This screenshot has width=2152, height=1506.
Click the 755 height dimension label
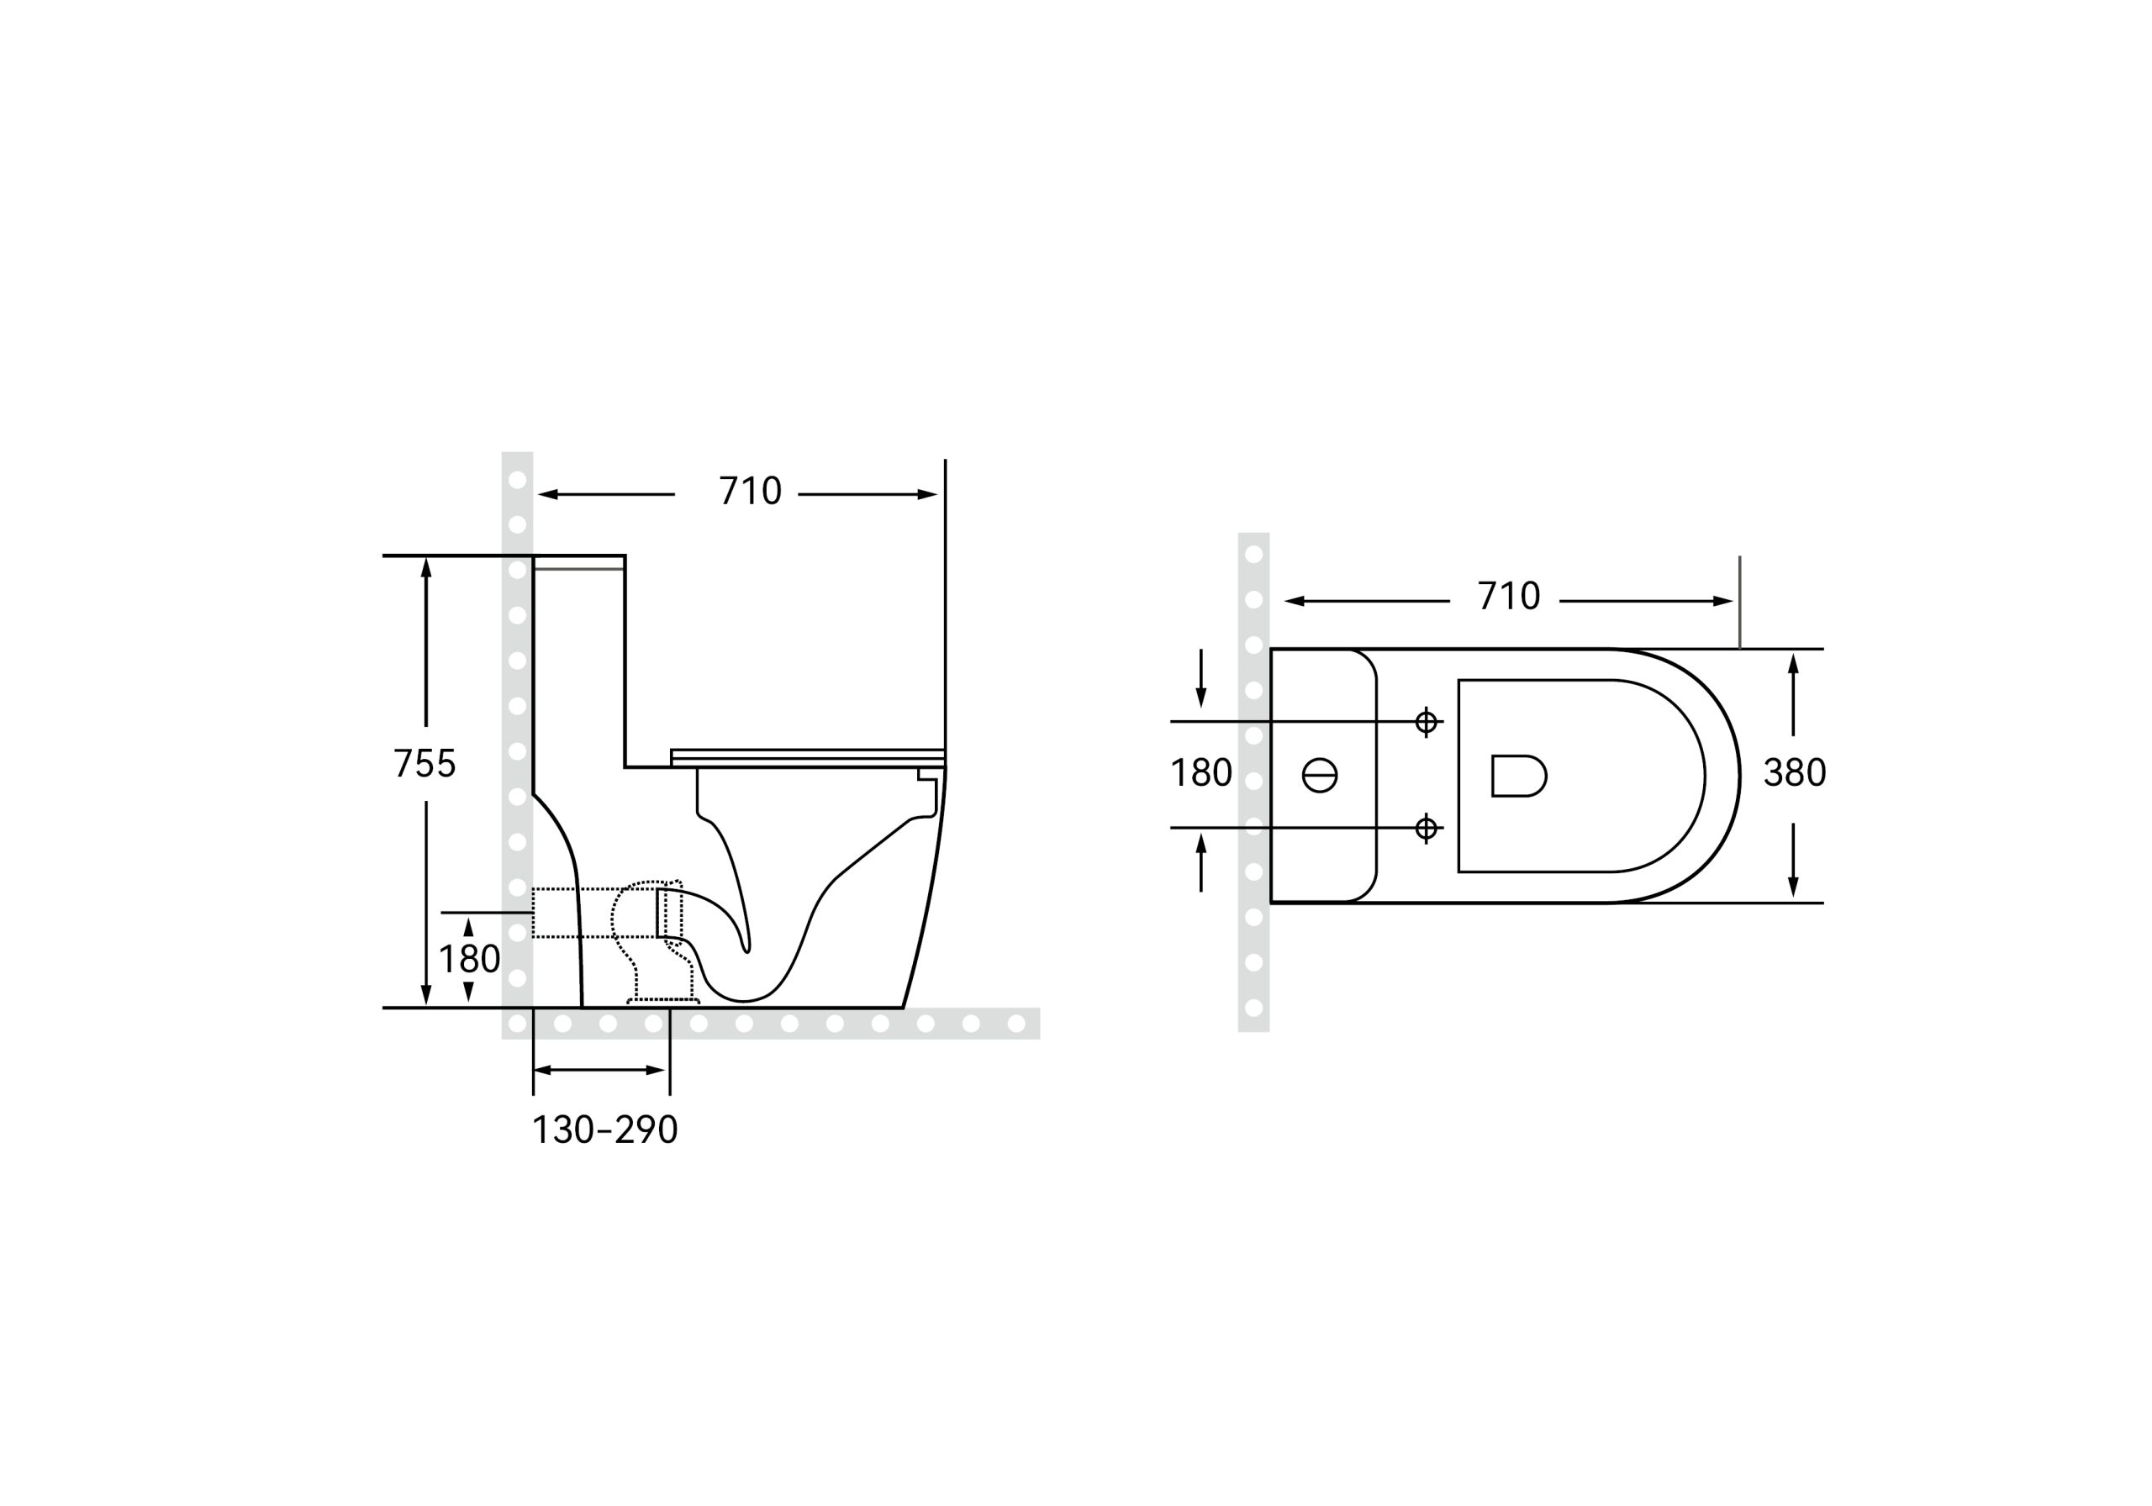tap(425, 764)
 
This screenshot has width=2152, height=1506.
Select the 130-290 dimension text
tap(604, 1130)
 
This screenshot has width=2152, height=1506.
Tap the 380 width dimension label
tap(1794, 773)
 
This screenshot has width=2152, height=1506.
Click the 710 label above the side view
tap(750, 491)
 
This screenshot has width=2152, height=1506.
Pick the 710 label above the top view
tap(1509, 596)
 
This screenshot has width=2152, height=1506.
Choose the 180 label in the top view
tap(1201, 773)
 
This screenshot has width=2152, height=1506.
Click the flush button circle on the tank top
tap(1320, 775)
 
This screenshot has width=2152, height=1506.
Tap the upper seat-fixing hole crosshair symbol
tap(1426, 722)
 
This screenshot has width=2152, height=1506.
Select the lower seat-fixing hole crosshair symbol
tap(1426, 829)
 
